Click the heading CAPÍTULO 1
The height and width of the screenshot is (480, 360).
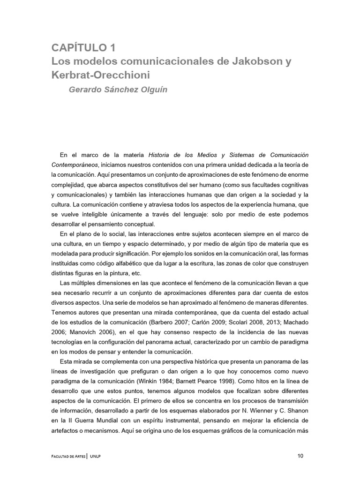point(83,47)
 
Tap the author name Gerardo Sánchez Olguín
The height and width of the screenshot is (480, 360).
point(118,90)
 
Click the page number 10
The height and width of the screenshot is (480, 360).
point(301,455)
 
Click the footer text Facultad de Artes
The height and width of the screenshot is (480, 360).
point(68,456)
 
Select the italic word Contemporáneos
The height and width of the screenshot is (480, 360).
point(75,165)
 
